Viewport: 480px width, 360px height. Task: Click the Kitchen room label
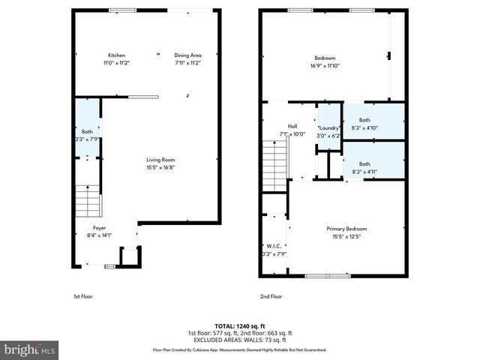pos(116,55)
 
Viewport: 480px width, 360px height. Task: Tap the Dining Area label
pos(188,55)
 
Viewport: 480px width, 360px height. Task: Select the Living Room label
pos(160,160)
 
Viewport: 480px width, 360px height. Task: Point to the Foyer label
pos(99,227)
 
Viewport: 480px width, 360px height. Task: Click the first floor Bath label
pos(87,131)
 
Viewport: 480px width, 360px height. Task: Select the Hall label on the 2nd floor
pos(293,126)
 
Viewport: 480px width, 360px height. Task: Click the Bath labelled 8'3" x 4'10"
pos(364,120)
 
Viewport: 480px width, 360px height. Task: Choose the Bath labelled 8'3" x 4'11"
pos(364,163)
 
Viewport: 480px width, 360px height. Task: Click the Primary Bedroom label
pos(346,229)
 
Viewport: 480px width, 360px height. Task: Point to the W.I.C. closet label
pos(273,245)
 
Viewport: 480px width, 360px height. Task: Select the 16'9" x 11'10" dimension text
pos(325,66)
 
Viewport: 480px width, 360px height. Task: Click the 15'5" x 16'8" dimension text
pos(160,168)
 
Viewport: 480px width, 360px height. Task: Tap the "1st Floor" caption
pos(82,296)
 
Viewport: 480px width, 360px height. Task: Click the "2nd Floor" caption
pos(271,296)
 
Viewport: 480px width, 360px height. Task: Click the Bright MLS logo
pos(30,349)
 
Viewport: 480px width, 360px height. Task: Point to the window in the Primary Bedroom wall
pos(327,276)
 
